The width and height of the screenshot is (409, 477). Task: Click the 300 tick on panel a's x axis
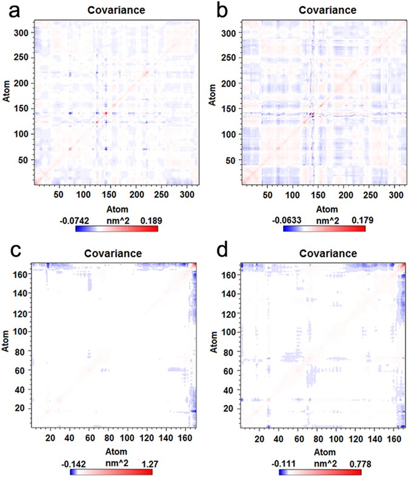pos(182,196)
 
